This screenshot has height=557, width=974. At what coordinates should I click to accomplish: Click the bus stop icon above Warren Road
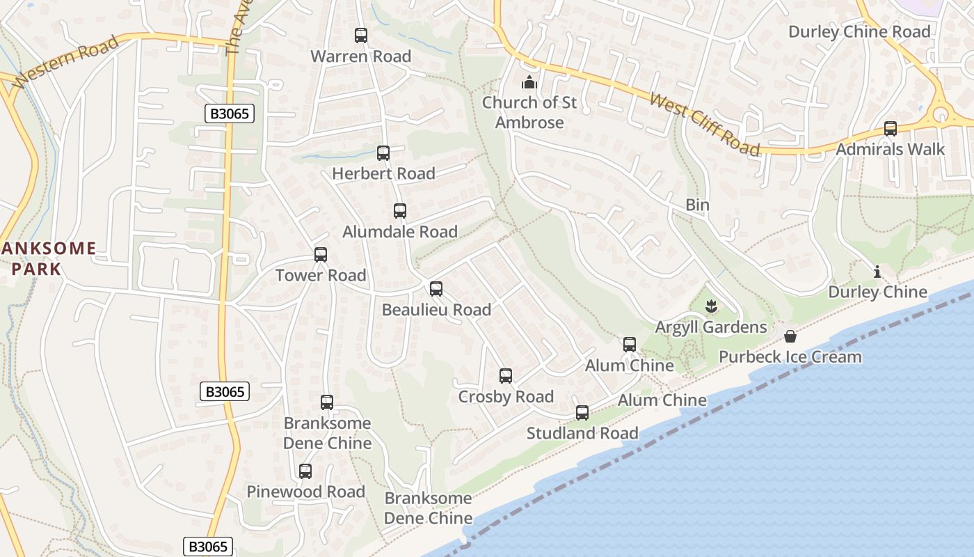point(360,35)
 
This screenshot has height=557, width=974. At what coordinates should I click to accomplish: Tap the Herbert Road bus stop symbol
point(383,153)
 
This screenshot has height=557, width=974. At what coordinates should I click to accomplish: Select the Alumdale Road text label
point(400,232)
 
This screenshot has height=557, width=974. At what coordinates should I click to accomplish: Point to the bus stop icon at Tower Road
point(320,255)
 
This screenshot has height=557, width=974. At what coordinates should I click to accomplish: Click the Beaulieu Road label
point(436,310)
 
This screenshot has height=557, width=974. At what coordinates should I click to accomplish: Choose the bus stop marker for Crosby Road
point(506,376)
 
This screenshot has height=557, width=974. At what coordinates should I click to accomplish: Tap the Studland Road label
point(582,433)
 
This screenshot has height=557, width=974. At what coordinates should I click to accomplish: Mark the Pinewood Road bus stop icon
point(305,471)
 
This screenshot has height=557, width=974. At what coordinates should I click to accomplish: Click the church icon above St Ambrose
point(529,83)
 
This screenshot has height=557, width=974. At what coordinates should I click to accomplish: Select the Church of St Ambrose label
point(529,113)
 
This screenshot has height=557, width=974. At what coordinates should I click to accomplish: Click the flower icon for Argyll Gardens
point(710,306)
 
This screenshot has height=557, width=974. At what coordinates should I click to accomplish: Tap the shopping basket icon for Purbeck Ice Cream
point(790,337)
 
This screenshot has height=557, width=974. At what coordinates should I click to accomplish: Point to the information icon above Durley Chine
point(877,272)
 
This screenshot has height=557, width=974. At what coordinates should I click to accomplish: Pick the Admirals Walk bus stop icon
point(890,129)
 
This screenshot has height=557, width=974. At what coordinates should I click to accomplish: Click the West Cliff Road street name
point(704,124)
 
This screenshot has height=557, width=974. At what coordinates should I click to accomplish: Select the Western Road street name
point(67,62)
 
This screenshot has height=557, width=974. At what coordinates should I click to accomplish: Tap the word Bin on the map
point(697,205)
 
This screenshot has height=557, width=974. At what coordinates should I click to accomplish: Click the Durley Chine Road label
point(859,32)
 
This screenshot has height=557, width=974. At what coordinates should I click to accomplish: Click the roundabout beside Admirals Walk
point(941,113)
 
